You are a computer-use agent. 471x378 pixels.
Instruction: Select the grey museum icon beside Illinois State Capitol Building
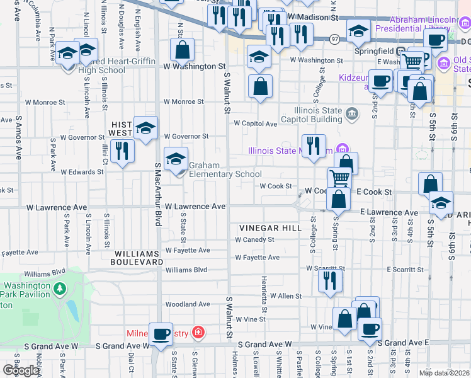pos(351,114)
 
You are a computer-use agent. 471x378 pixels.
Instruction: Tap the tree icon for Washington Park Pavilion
pos(60,289)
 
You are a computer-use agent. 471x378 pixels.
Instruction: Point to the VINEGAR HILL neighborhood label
pos(270,227)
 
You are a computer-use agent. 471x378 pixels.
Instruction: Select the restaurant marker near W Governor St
pos(122,151)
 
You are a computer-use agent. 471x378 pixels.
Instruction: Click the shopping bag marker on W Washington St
pos(182,50)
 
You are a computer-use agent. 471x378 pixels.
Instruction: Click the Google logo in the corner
pos(21,370)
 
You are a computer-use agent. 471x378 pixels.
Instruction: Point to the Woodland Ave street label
pos(188,304)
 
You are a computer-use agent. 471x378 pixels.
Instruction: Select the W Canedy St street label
pos(254,240)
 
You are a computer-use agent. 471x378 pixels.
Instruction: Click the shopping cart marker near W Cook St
pos(339,179)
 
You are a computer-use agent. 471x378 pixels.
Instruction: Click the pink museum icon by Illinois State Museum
pos(343,150)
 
